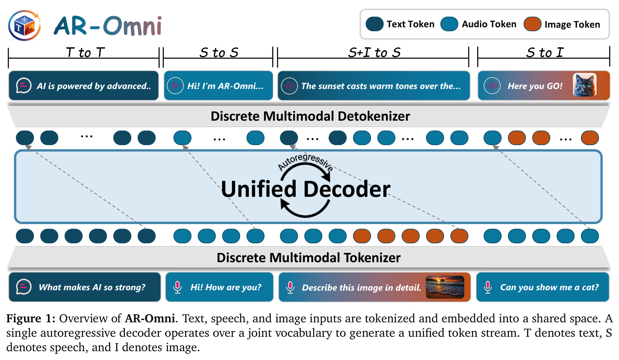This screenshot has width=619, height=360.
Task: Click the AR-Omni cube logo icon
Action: [x=24, y=25]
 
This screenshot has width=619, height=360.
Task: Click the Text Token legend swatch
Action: [x=375, y=24]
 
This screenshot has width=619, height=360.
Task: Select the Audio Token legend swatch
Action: [x=450, y=24]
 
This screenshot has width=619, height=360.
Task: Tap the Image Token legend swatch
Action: [x=532, y=24]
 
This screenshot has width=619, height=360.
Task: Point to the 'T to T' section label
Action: [x=85, y=52]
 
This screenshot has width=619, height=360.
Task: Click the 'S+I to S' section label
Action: [x=374, y=52]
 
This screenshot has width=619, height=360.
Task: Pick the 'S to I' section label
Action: [x=544, y=52]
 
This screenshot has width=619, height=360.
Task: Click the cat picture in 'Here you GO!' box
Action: [x=585, y=85]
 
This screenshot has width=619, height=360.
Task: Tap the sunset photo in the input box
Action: [x=445, y=287]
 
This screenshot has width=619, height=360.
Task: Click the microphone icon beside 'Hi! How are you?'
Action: [x=177, y=287]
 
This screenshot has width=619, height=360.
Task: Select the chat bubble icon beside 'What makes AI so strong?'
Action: [x=24, y=287]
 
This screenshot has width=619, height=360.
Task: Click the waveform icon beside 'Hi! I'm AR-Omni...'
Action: [x=175, y=86]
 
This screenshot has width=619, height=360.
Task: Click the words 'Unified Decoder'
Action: [x=305, y=189]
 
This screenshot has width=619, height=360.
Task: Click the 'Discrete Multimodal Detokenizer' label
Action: [x=310, y=116]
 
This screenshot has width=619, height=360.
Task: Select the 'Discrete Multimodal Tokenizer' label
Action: [x=308, y=258]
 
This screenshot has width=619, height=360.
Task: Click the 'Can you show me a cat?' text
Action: [x=549, y=287]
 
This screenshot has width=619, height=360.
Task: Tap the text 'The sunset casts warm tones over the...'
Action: [x=381, y=86]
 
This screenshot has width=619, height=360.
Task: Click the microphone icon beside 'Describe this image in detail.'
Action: [x=290, y=287]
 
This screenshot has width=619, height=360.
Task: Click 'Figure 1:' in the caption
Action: [x=31, y=319]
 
